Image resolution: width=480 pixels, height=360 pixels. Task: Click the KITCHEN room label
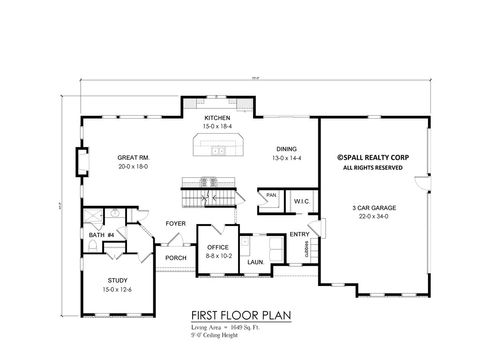pos(217,118)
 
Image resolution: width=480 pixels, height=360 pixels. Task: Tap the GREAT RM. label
pos(133,158)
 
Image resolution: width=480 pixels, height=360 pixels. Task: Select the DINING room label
pos(287,148)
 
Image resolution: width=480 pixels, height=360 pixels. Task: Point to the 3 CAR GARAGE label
pos(370,206)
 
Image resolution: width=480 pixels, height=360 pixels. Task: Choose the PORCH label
pos(176,257)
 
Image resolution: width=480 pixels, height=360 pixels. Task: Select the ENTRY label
pos(299,235)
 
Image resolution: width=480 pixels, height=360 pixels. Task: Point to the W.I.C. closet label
pos(301,201)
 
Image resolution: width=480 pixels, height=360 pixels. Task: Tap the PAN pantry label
pos(270,197)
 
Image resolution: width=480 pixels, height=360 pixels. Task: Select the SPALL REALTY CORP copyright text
pos(371,157)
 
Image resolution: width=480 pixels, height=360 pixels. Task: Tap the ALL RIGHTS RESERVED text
pos(371,167)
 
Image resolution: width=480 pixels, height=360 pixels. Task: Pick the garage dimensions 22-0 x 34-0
pos(370,215)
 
